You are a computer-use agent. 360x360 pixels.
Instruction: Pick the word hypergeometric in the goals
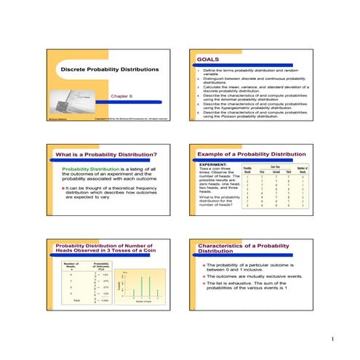[244, 108]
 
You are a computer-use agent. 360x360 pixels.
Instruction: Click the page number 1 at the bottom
[331, 340]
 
